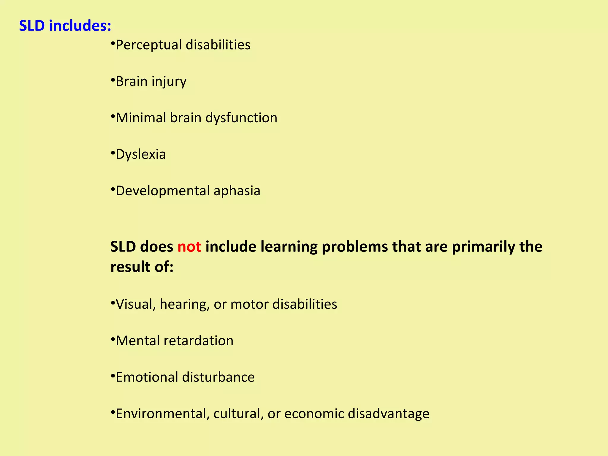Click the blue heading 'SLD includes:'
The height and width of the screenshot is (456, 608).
[65, 26]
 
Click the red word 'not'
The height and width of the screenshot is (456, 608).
[189, 247]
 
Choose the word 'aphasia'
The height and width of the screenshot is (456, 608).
[237, 191]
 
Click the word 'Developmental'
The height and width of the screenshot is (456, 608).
[162, 191]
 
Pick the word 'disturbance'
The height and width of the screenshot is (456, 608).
[218, 377]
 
